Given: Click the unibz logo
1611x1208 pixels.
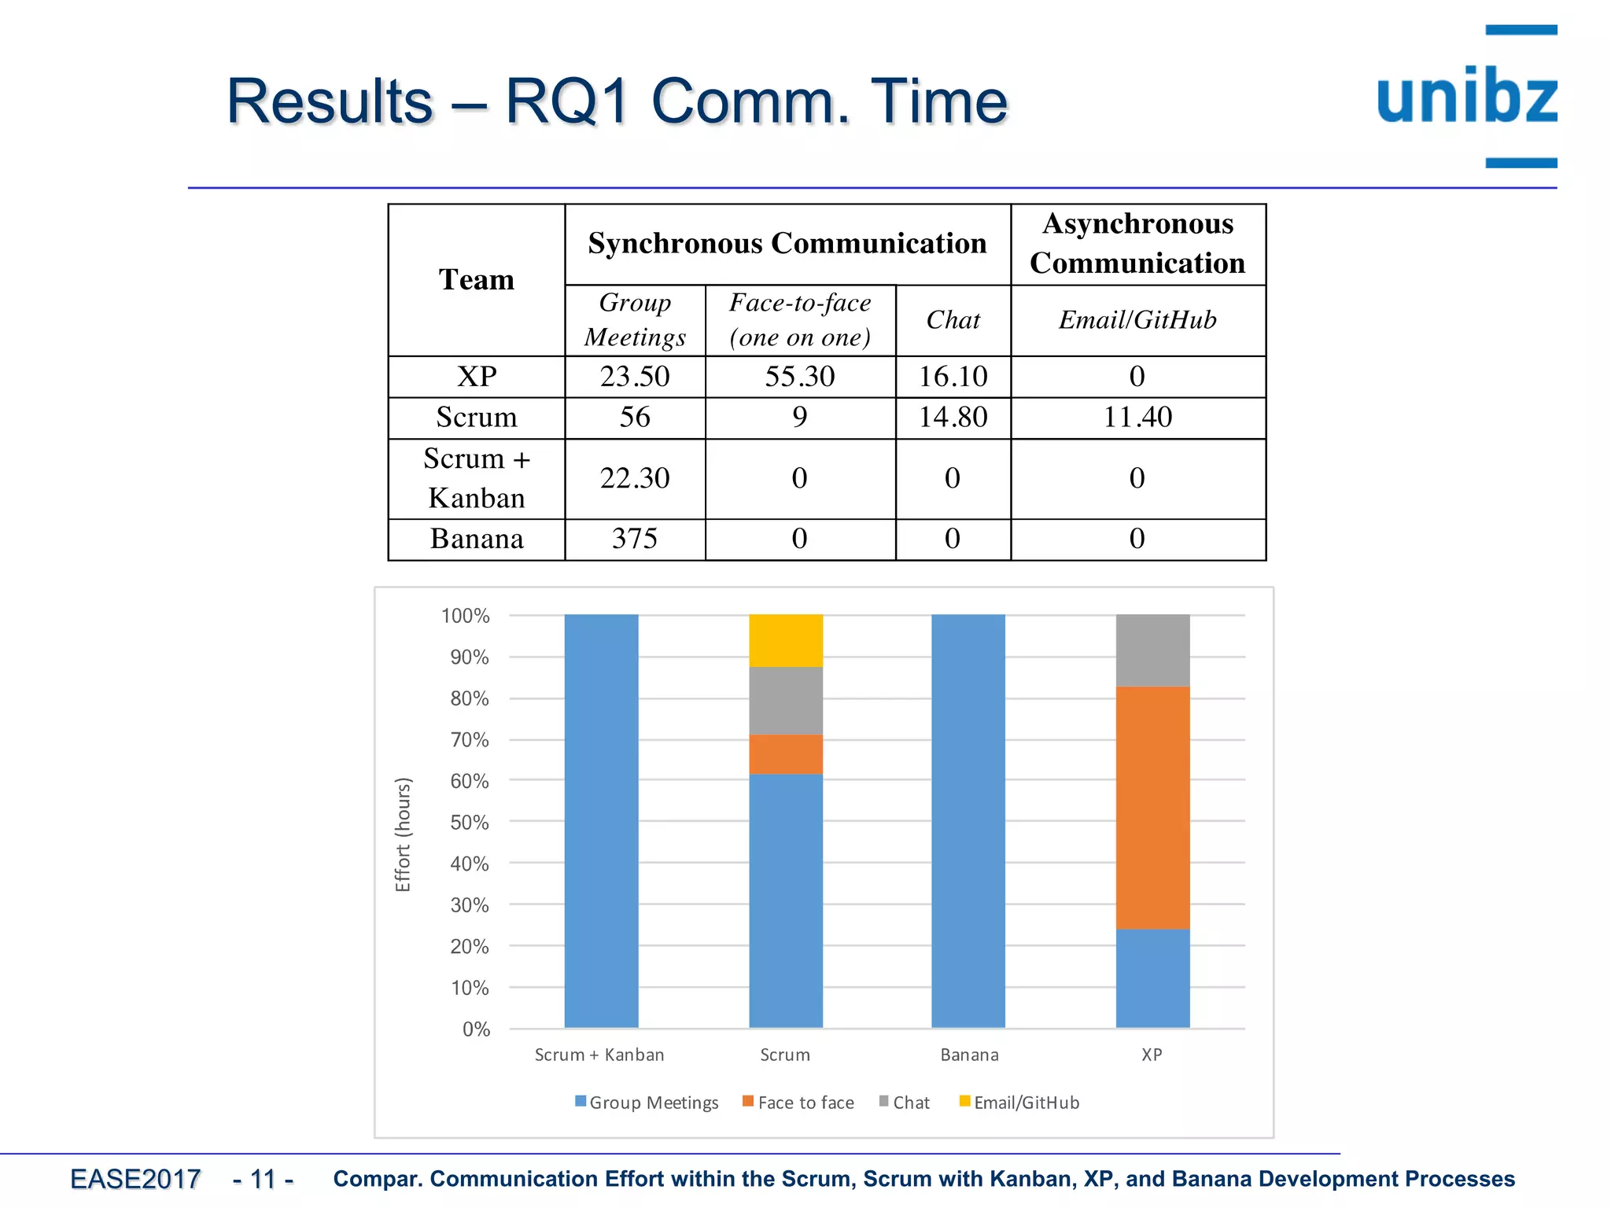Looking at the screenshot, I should (x=1467, y=97).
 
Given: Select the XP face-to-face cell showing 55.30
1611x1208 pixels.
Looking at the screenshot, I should (x=800, y=377).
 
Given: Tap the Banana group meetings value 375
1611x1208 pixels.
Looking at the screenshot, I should (x=635, y=539).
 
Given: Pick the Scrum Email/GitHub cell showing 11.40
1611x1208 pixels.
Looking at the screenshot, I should (x=1137, y=417).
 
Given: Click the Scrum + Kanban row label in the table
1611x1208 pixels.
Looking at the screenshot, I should (x=477, y=478).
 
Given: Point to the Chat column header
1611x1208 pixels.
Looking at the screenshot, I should (x=953, y=320).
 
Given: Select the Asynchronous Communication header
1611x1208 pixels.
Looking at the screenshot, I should (x=1137, y=244).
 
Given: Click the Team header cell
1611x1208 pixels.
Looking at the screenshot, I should (x=477, y=280).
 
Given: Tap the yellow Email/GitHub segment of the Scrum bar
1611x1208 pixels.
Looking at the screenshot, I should (x=786, y=640).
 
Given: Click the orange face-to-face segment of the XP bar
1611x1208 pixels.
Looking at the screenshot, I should (x=1152, y=808).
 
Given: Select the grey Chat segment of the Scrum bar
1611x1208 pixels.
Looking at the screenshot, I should (x=786, y=701).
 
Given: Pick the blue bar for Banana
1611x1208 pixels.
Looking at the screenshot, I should (x=968, y=820).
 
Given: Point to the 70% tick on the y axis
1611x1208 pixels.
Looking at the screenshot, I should (x=470, y=740).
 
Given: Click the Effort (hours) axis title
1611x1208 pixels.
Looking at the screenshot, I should (x=403, y=834).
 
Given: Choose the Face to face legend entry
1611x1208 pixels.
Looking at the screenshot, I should (x=798, y=1103).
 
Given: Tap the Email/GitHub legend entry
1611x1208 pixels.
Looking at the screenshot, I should (x=1019, y=1103).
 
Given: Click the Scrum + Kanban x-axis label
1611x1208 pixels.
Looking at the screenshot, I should (x=599, y=1055).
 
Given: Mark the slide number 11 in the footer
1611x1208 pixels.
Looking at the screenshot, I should (x=263, y=1179).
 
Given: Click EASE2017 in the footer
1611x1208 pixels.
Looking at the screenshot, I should (x=135, y=1179).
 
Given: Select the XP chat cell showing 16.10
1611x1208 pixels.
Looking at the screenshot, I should (x=953, y=377).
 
